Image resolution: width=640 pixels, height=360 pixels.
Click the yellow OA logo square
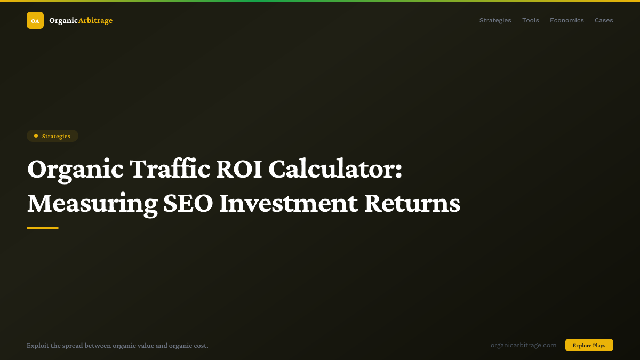(35, 20)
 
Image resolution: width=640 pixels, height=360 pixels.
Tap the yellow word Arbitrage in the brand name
(95, 20)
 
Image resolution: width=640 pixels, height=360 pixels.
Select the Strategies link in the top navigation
(495, 20)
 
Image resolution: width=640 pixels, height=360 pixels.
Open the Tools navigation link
(530, 20)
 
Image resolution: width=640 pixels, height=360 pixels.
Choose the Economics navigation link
(566, 20)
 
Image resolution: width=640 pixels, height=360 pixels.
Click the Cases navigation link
(604, 20)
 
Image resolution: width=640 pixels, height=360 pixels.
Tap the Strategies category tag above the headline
(52, 136)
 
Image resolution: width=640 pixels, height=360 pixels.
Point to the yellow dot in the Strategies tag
(36, 136)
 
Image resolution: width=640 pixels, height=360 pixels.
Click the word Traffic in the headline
(170, 170)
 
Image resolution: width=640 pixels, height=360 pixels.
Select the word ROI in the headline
(238, 170)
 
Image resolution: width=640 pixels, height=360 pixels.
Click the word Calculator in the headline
(335, 170)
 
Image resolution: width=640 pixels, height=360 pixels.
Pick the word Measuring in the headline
(92, 203)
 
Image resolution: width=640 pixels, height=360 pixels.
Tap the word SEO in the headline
(188, 203)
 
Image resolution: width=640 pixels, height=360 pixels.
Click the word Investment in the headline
(289, 203)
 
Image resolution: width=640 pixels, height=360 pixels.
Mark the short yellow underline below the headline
(43, 228)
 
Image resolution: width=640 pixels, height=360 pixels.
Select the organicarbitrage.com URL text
(523, 345)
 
